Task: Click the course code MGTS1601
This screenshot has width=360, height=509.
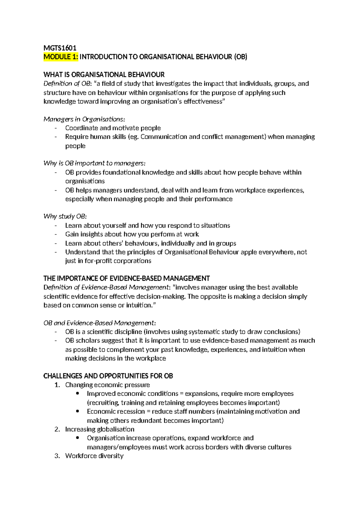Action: click(x=60, y=48)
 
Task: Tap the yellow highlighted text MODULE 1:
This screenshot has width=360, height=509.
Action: click(x=61, y=57)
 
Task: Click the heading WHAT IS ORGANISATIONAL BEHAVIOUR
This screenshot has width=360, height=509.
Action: click(x=104, y=75)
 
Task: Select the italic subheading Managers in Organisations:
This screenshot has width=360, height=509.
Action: click(x=84, y=119)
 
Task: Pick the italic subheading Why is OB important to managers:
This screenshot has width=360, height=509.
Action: click(x=94, y=163)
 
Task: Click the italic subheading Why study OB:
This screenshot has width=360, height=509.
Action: click(x=65, y=216)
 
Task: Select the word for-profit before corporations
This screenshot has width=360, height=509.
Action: click(x=98, y=261)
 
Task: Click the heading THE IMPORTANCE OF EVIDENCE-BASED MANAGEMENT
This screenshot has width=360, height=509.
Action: click(x=126, y=279)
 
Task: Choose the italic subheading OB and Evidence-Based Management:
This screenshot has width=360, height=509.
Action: click(x=100, y=323)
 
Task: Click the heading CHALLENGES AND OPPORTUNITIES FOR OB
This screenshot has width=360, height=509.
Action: click(x=108, y=376)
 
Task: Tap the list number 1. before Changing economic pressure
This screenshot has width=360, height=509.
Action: click(x=57, y=385)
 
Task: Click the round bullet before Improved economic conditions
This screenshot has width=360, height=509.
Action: click(x=78, y=393)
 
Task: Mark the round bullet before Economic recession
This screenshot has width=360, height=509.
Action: click(x=78, y=411)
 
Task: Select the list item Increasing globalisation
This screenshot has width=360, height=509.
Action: click(x=100, y=429)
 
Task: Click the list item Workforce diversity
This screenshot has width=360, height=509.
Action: click(x=94, y=456)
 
